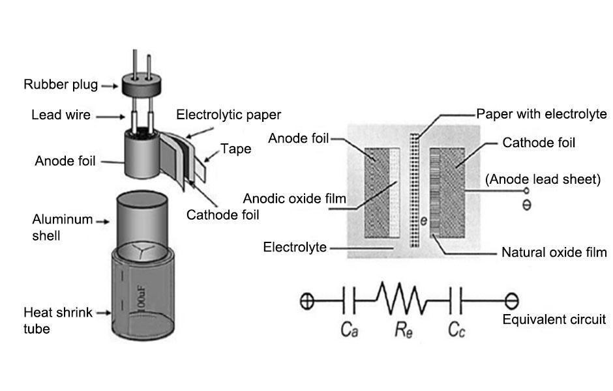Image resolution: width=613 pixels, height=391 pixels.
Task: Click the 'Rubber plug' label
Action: (x=61, y=85)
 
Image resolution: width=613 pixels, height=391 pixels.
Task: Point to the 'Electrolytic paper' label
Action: (x=229, y=115)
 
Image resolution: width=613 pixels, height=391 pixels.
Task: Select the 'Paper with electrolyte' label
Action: (x=541, y=113)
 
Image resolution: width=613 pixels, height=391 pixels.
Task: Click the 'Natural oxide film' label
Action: (x=554, y=252)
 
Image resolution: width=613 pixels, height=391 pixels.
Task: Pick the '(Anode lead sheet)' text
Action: (x=543, y=179)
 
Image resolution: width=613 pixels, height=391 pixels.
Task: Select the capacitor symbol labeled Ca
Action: (x=348, y=302)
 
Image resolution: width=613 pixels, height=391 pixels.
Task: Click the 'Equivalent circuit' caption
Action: (x=554, y=319)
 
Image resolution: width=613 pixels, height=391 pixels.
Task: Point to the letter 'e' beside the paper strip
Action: (x=423, y=222)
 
